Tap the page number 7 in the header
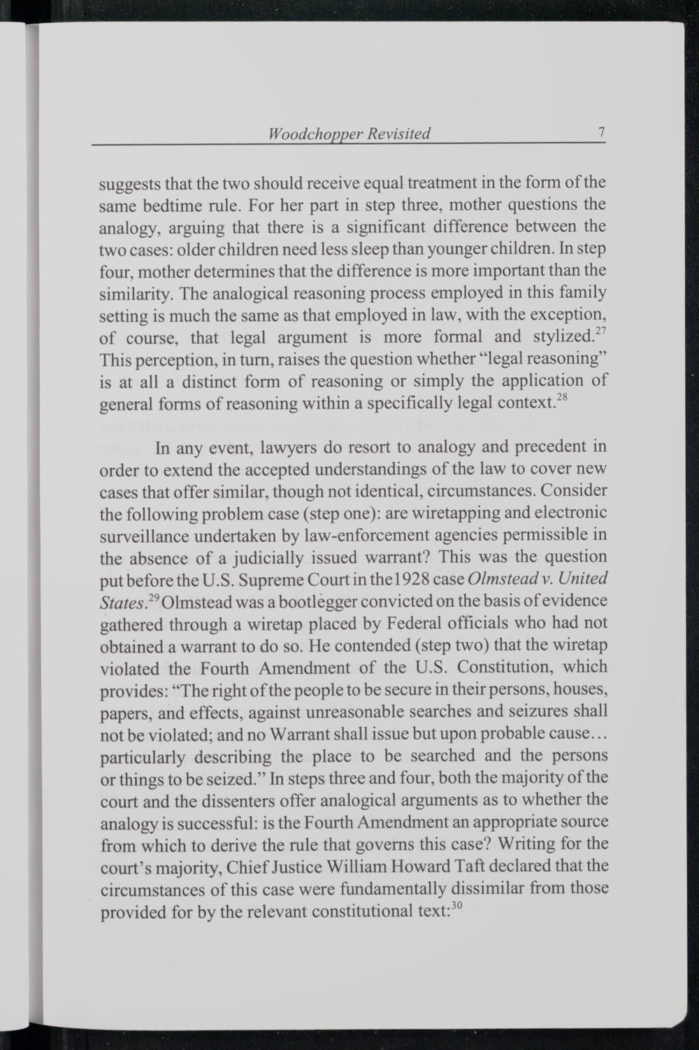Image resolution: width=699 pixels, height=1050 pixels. tap(600, 132)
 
